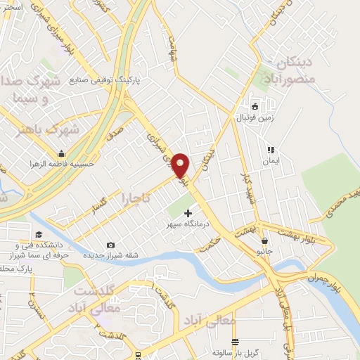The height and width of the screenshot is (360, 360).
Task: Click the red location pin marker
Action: [181, 165]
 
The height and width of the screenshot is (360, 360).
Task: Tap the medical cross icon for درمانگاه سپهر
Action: [187, 212]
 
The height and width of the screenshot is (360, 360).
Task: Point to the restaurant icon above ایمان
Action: [270, 150]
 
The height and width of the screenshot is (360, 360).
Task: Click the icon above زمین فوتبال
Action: [255, 107]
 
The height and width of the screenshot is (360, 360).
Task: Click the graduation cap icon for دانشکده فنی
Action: [39, 234]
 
